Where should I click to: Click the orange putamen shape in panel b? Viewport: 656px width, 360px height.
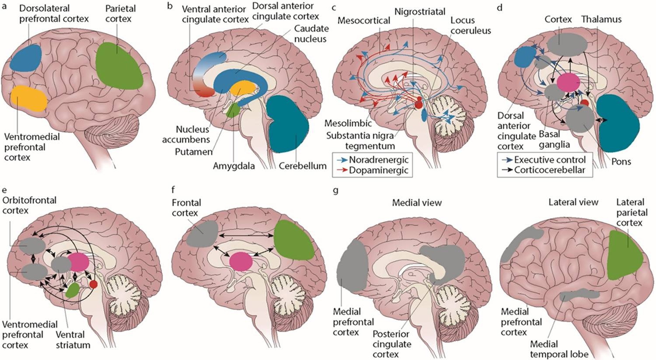click(x=242, y=88)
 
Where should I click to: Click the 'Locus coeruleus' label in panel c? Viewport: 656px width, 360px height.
click(x=470, y=25)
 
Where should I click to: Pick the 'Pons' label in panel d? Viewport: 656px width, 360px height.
click(x=621, y=162)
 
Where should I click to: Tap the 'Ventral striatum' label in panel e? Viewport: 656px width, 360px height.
click(x=73, y=339)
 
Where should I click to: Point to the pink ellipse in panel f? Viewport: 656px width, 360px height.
click(x=241, y=262)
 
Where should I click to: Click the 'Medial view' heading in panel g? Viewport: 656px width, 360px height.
click(x=417, y=203)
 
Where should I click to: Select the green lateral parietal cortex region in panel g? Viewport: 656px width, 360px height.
click(x=624, y=255)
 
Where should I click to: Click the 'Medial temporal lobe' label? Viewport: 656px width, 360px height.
click(x=559, y=349)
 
